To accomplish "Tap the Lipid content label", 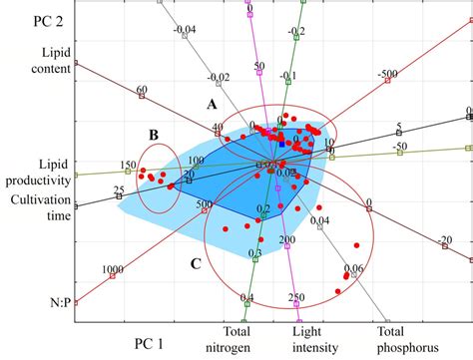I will (x=42, y=59).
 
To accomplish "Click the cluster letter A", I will (x=212, y=104).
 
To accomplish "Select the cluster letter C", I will (x=195, y=263).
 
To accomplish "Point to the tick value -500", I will (x=387, y=75).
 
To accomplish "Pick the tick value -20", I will (x=444, y=240).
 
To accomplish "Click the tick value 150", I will (x=128, y=166).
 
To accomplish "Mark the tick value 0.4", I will (x=247, y=298).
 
